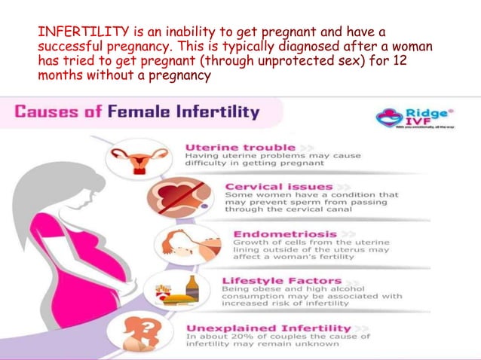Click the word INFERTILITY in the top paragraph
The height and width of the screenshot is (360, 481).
(x=72, y=32)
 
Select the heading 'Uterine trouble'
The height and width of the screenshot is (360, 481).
(x=229, y=145)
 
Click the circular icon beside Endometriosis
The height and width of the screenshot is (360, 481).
(x=177, y=246)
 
